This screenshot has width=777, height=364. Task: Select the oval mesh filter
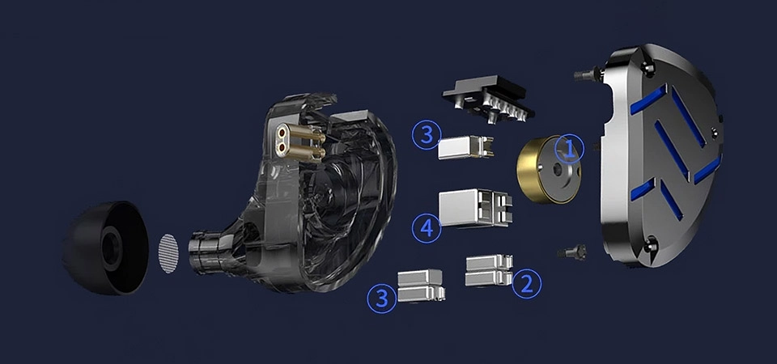coord(168,253)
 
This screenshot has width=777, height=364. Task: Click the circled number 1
coord(569,149)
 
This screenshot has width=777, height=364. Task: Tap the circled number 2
coord(526,284)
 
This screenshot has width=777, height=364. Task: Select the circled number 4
coord(427,228)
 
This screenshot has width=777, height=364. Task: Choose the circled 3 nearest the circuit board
coord(427,135)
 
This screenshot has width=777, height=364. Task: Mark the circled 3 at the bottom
coord(381,298)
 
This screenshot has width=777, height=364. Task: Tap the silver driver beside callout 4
coord(475,208)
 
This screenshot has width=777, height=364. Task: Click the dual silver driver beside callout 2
coord(489,270)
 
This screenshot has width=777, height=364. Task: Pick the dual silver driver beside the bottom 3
coord(421,286)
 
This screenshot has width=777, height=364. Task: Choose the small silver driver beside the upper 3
coord(465,147)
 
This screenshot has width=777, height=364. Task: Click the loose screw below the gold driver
coord(572,252)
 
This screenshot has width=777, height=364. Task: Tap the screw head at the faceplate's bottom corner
coord(650,244)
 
